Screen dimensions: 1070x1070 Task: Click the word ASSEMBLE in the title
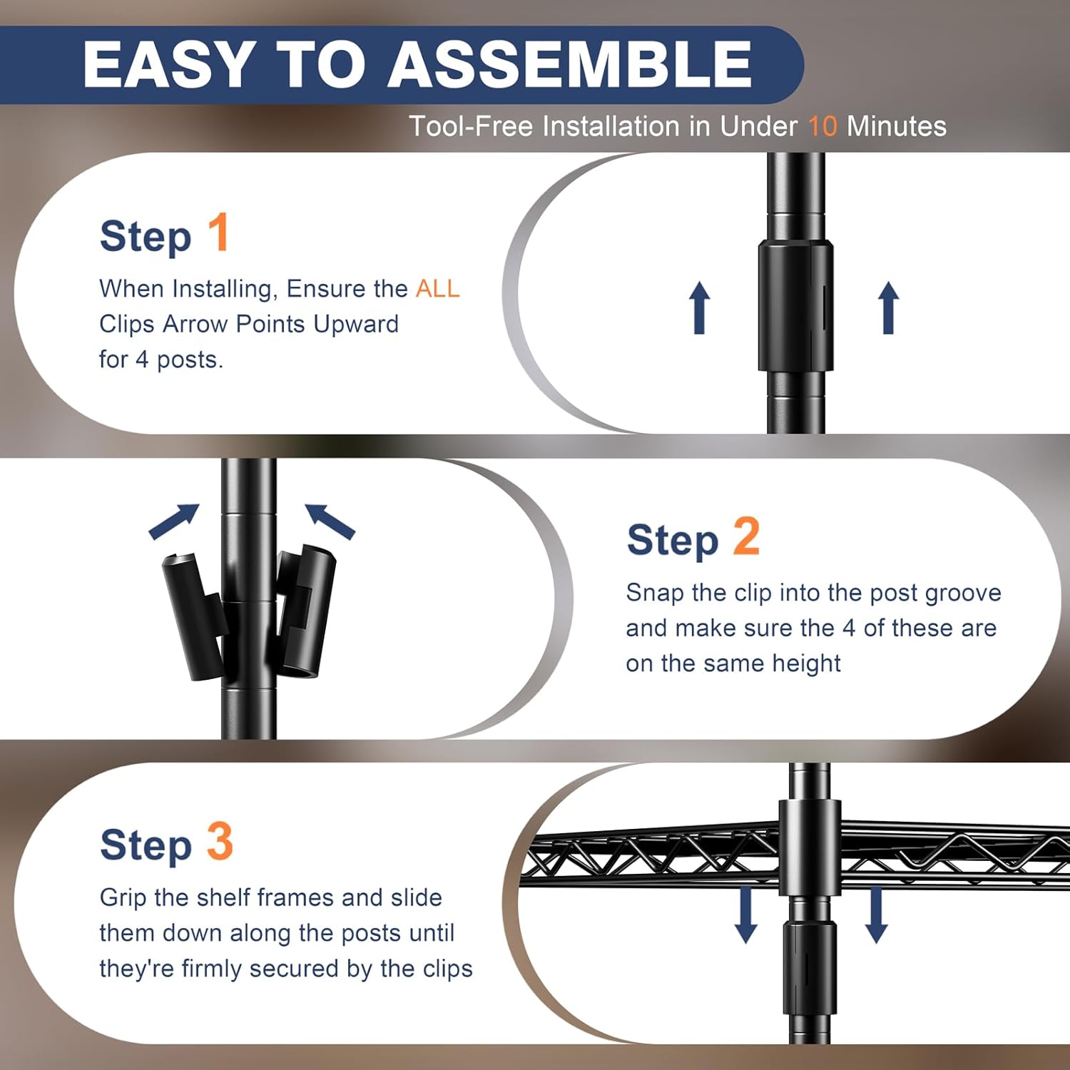click(569, 64)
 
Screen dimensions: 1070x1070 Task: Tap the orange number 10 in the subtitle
click(822, 126)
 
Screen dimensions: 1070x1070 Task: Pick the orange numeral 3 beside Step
click(220, 841)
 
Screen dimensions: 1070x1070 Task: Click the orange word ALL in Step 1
click(438, 288)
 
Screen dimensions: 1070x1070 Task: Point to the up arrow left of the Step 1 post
click(700, 307)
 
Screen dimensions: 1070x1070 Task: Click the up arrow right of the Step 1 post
click(888, 307)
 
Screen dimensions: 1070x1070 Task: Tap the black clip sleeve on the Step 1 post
click(795, 305)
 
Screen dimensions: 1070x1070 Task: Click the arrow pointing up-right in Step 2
click(174, 521)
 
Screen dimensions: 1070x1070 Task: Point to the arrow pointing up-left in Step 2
click(330, 521)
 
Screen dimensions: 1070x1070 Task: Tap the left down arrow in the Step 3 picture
click(746, 914)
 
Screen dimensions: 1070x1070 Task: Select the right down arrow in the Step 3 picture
click(876, 914)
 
